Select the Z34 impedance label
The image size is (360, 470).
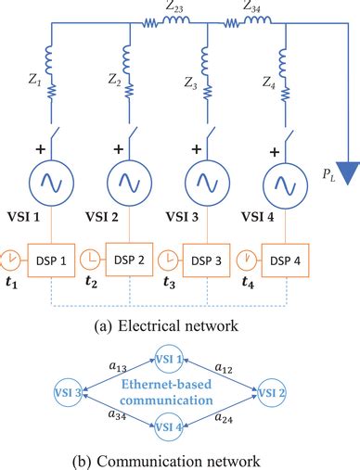pos(251,8)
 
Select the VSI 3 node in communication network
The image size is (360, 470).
pos(71,393)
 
